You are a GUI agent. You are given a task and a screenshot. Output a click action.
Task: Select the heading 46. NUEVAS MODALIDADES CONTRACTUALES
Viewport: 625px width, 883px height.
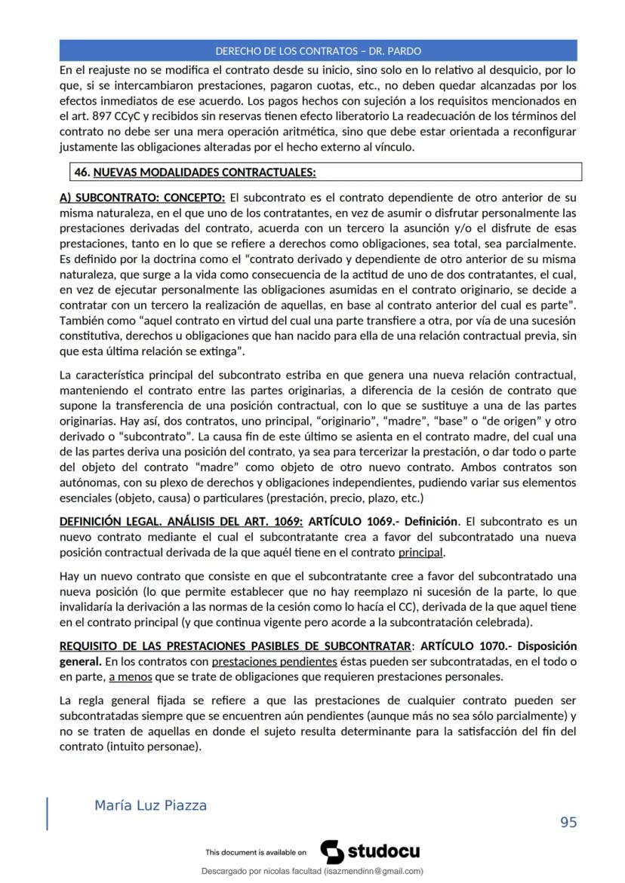pos(195,172)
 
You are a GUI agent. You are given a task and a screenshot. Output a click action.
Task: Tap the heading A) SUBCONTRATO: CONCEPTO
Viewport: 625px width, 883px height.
pos(142,198)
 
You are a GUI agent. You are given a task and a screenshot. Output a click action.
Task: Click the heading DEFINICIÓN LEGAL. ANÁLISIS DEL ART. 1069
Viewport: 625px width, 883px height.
pos(181,521)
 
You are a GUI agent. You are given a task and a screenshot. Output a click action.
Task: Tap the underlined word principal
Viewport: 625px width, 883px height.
pos(421,551)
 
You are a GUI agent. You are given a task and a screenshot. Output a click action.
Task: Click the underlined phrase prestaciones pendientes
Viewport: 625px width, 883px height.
pos(274,661)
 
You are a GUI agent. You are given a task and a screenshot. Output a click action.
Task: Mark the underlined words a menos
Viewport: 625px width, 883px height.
pos(130,676)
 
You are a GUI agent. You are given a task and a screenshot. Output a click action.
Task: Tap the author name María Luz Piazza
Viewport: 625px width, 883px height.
pos(150,805)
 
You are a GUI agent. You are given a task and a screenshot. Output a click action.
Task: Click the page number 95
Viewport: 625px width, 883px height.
pos(568,822)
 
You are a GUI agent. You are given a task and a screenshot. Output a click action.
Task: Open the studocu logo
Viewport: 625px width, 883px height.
pos(370,852)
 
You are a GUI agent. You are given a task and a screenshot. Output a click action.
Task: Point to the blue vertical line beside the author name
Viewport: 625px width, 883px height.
pos(48,814)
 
